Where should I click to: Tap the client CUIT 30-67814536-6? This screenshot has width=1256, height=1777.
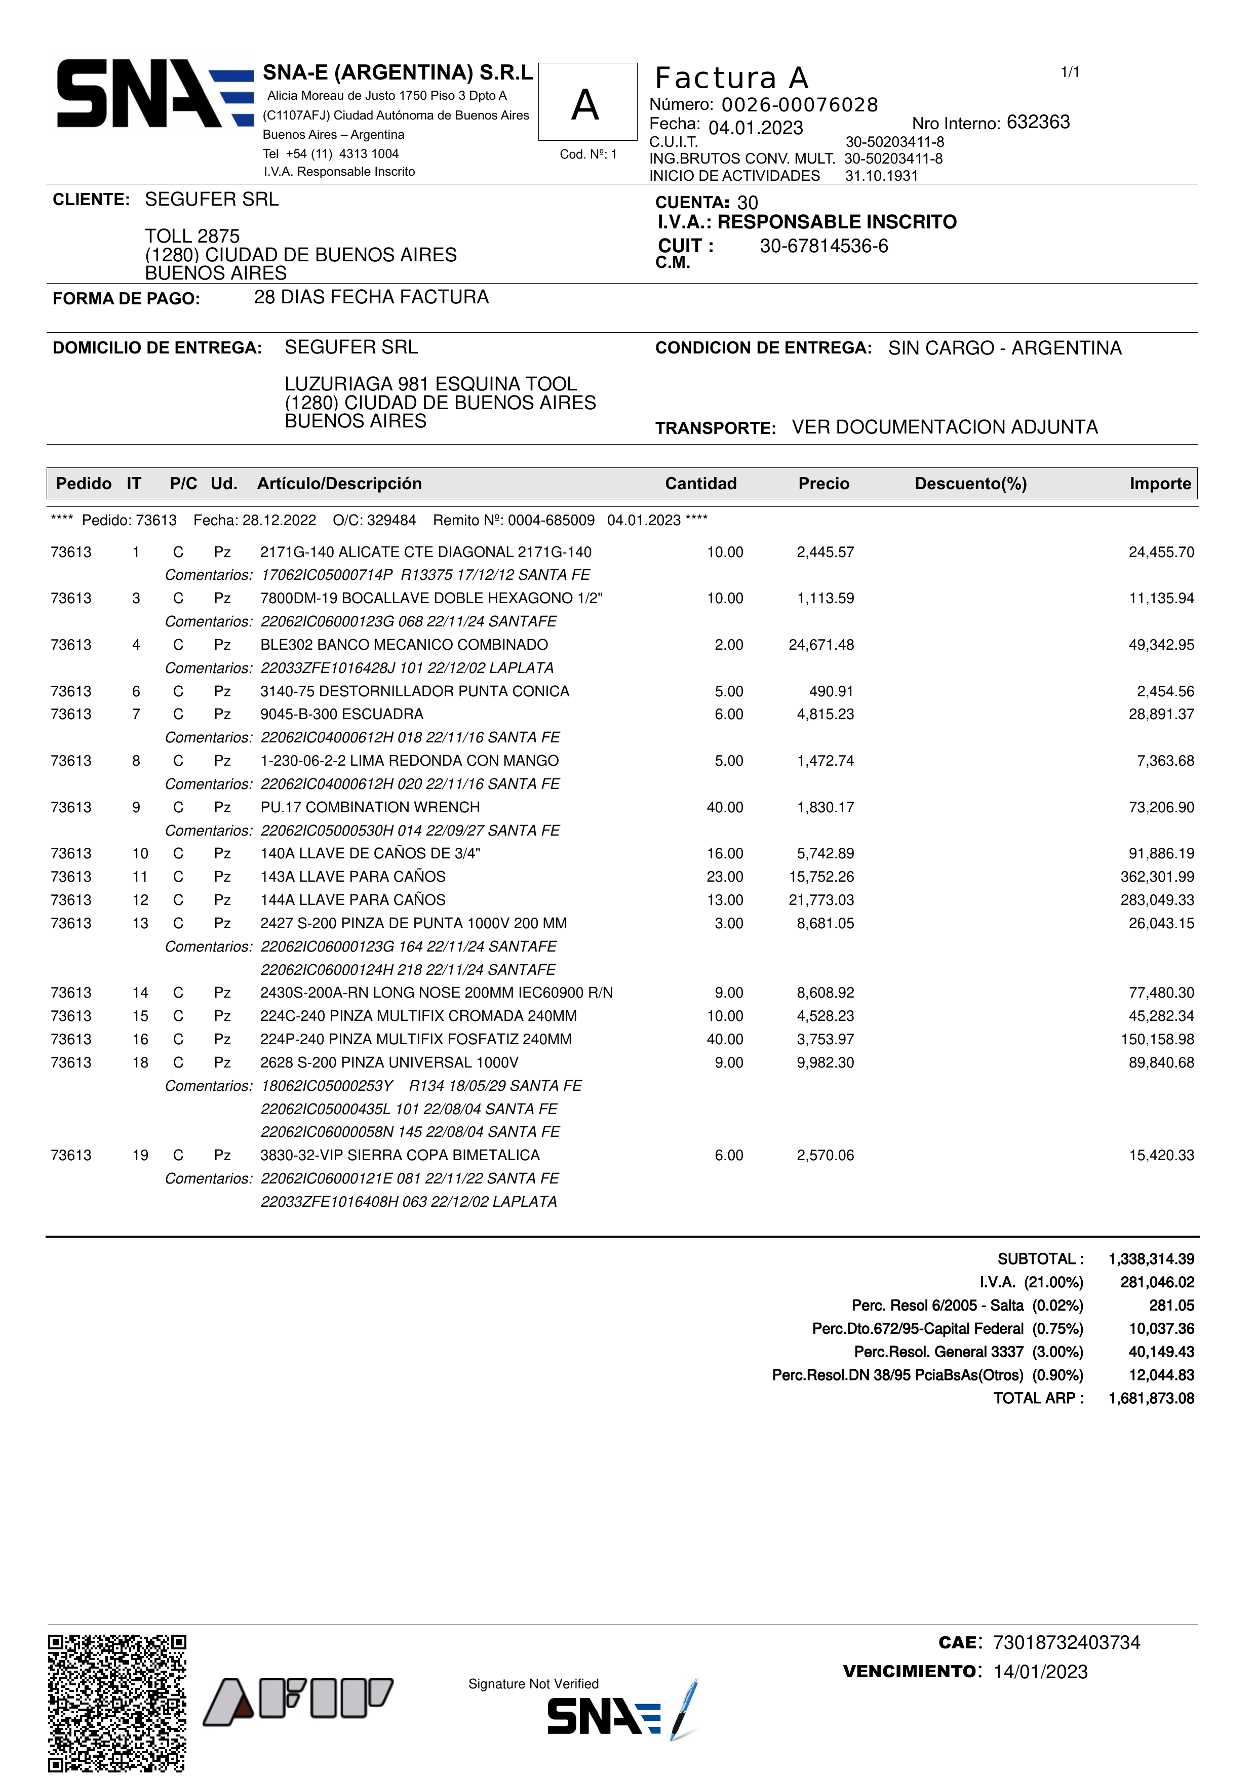823,246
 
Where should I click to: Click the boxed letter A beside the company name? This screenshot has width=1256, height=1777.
586,104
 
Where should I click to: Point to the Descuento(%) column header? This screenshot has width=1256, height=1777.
970,484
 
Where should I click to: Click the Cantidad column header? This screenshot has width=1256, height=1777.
700,484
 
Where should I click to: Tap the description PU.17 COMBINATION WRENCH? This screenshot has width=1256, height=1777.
370,807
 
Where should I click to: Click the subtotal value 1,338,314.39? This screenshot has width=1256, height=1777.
1151,1259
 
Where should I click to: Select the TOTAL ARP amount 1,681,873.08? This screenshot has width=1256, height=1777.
1151,1399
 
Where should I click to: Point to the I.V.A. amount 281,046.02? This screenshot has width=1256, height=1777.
1157,1282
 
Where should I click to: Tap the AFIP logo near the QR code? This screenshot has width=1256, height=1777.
298,1701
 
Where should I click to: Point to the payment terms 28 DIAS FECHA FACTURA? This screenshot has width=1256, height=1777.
371,297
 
